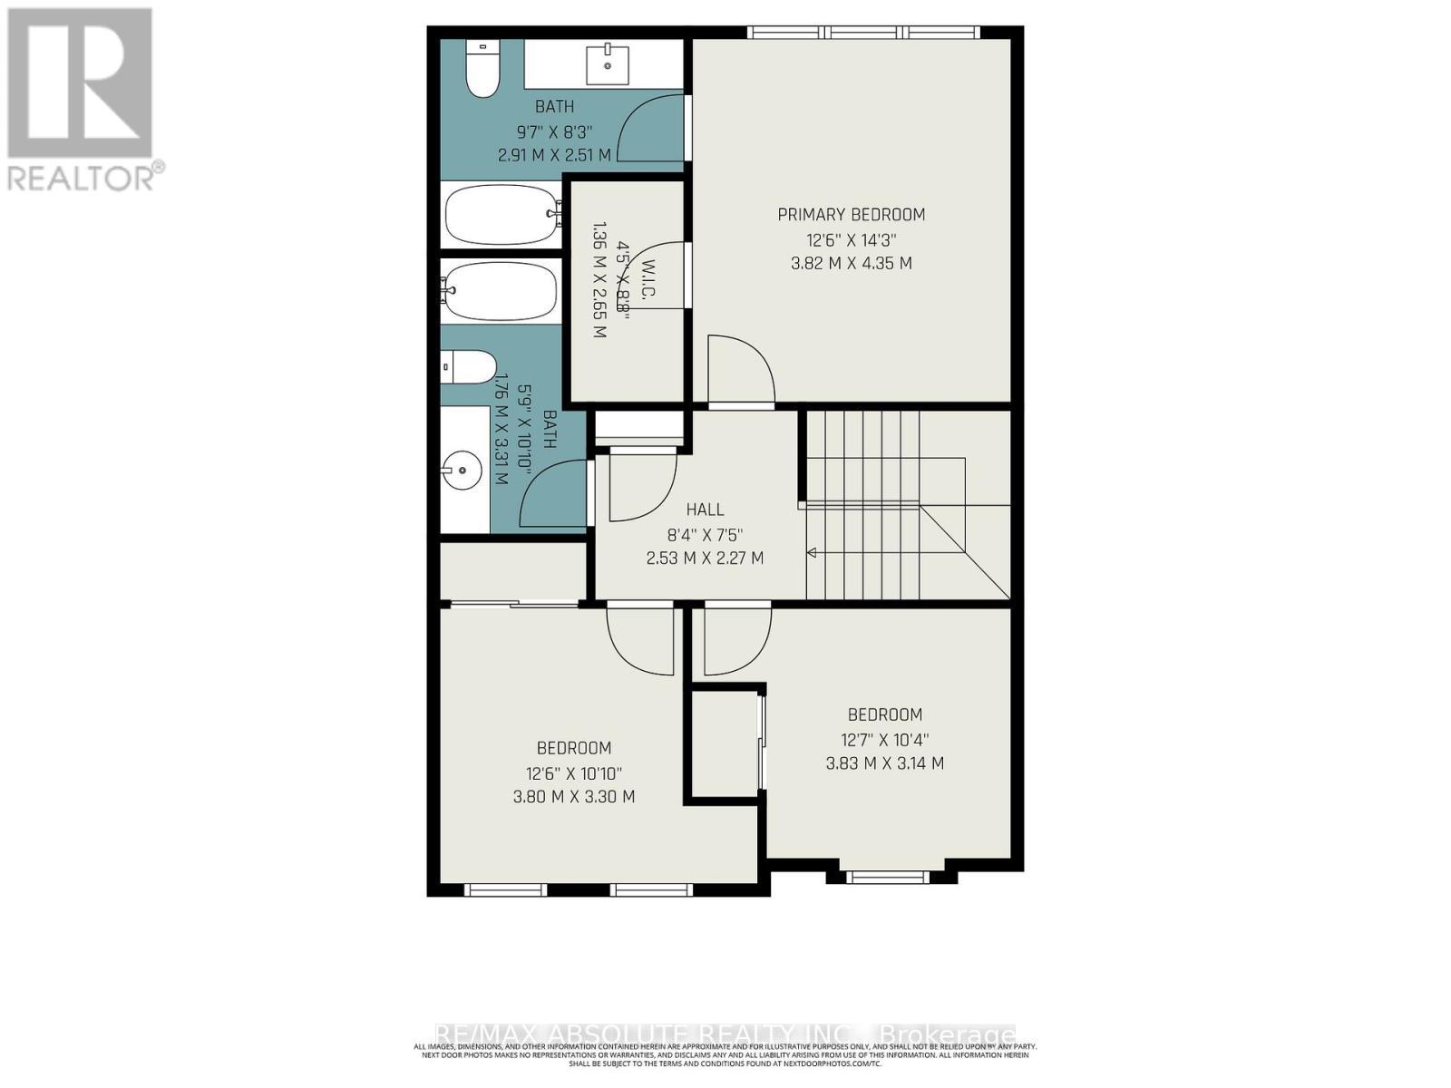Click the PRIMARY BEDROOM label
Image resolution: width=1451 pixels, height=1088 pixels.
click(851, 215)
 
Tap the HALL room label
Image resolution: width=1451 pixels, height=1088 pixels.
click(705, 510)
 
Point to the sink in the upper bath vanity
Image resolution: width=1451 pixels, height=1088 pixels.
click(604, 63)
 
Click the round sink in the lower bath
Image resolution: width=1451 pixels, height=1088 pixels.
click(463, 471)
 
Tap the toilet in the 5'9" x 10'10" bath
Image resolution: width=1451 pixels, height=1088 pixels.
click(468, 367)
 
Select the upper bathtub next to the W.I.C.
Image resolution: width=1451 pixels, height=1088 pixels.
click(502, 214)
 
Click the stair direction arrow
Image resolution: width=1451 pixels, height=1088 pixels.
click(813, 552)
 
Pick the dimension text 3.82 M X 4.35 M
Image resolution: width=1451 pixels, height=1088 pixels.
click(851, 264)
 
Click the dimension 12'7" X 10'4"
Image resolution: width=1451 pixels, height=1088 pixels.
click(884, 739)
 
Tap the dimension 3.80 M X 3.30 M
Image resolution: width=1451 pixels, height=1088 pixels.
click(573, 797)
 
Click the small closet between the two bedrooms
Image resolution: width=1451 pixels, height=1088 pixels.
click(723, 745)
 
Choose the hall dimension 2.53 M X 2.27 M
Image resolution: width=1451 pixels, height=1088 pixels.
click(705, 559)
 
